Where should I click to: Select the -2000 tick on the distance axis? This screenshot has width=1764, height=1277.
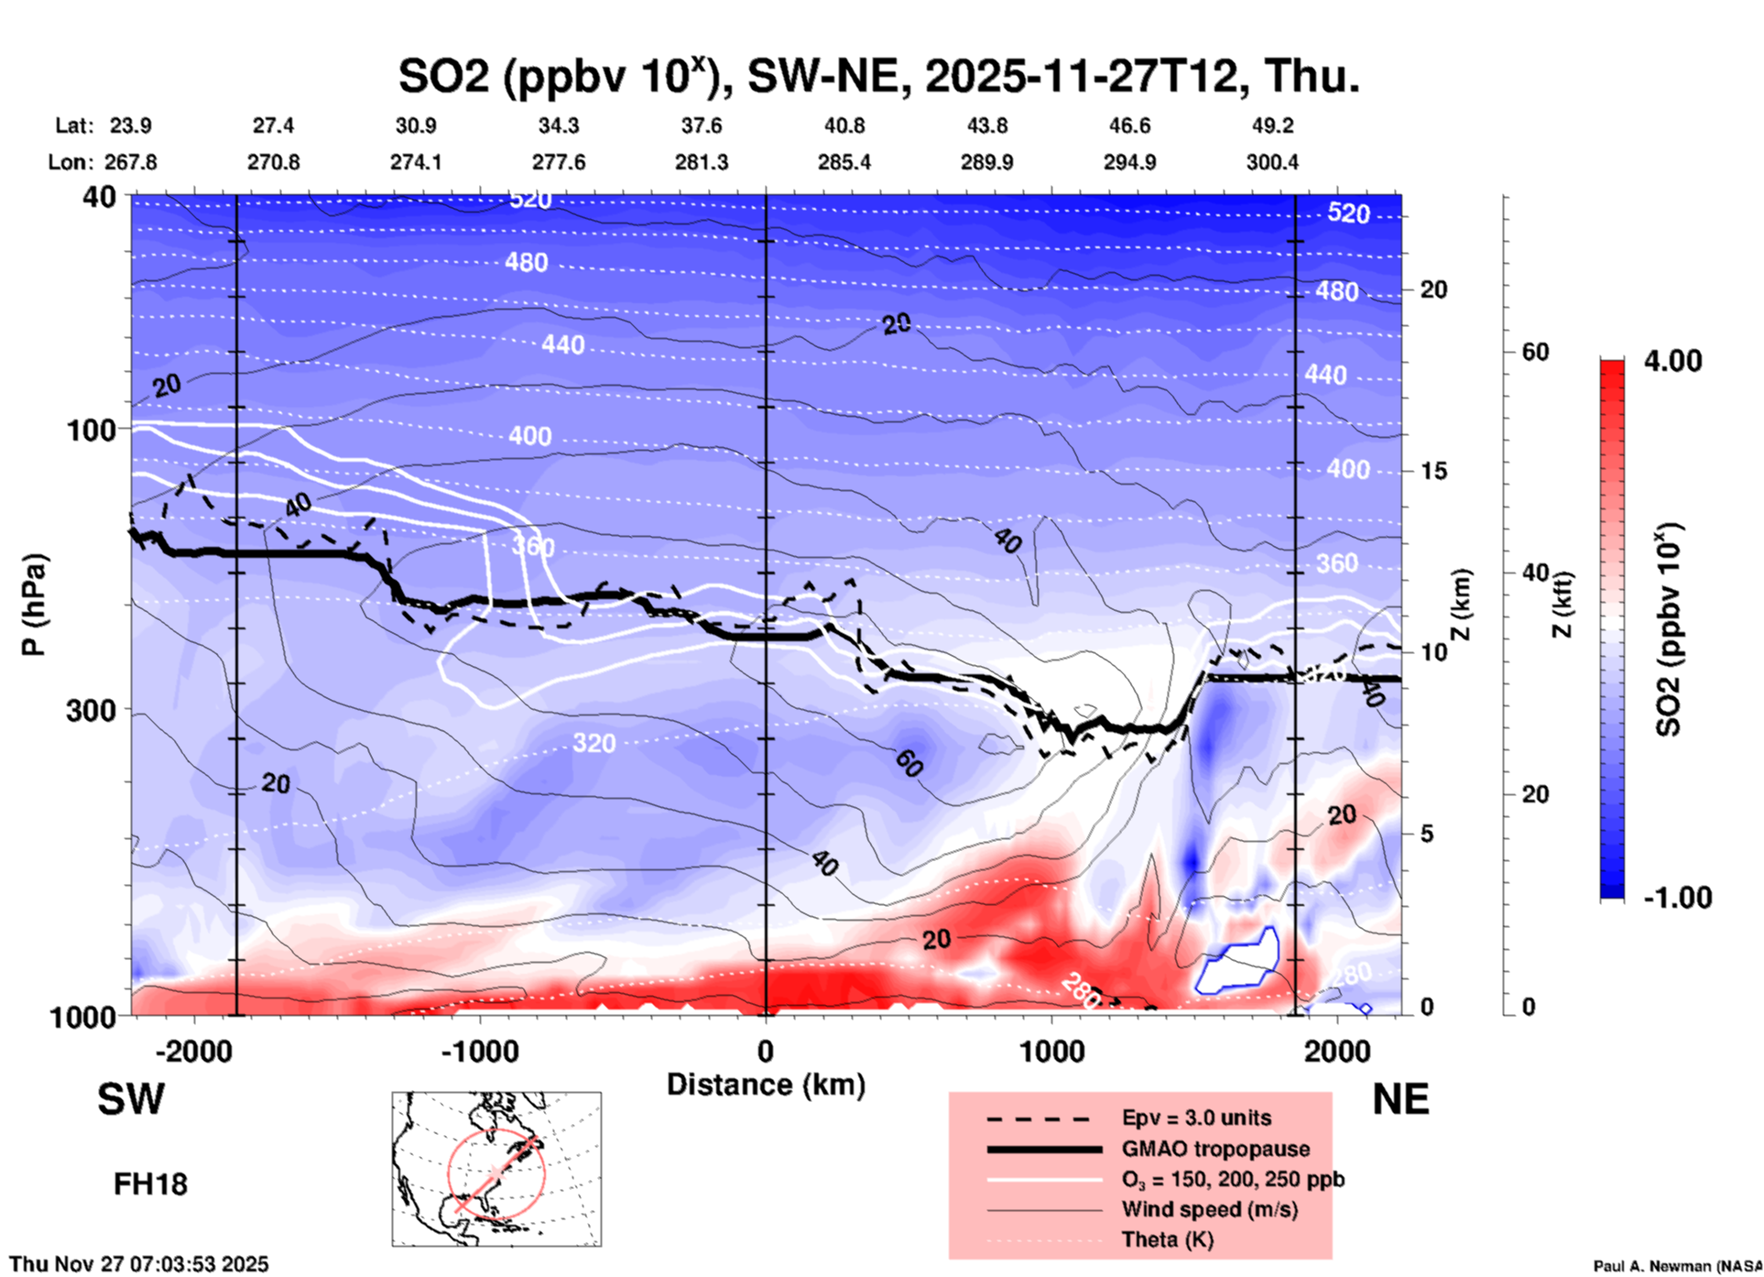click(194, 1051)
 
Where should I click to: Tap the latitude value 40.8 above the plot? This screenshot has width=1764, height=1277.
click(844, 126)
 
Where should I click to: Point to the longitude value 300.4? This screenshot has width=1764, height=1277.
click(1271, 162)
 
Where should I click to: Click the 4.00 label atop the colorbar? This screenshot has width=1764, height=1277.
click(1672, 360)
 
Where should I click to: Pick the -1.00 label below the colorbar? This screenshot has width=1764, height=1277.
click(1677, 897)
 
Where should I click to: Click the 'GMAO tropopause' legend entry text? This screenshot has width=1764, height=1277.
click(1215, 1149)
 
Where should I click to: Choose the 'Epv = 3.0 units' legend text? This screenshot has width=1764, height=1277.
click(1196, 1118)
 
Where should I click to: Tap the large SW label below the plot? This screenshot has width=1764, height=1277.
click(131, 1099)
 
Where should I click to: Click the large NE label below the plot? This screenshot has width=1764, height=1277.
click(1399, 1099)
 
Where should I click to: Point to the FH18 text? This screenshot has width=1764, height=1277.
click(150, 1184)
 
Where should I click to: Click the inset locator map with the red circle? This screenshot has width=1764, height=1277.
click(496, 1169)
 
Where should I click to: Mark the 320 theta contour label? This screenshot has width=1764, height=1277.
click(593, 743)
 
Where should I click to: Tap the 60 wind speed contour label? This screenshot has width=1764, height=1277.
click(909, 762)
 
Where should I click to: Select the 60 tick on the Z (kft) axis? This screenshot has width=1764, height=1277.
click(1535, 352)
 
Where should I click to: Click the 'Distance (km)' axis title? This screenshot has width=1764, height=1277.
click(766, 1085)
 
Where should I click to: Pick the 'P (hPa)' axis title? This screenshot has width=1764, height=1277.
click(34, 604)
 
